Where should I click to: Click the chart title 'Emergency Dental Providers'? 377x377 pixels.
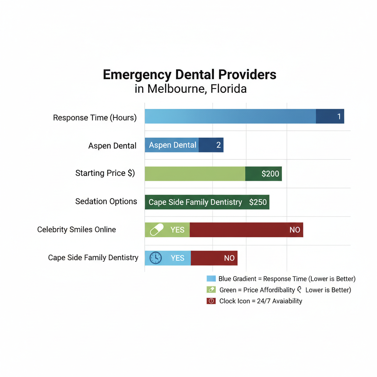click(x=190, y=75)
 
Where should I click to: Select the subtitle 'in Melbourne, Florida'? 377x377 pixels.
click(x=190, y=89)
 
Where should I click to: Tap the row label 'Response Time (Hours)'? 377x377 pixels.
click(x=95, y=118)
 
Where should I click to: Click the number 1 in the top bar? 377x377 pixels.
click(x=339, y=116)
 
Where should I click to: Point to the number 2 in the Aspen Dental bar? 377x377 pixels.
click(x=218, y=145)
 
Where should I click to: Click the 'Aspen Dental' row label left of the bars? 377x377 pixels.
click(x=112, y=146)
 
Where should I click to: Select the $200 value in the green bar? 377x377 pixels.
click(x=270, y=174)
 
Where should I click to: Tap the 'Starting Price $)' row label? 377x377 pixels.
click(x=105, y=173)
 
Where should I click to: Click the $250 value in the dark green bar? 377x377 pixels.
click(x=258, y=202)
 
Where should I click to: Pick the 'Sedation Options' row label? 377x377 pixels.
click(x=106, y=201)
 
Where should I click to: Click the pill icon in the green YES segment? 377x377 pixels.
click(x=156, y=230)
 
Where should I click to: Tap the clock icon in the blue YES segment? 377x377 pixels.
click(x=155, y=258)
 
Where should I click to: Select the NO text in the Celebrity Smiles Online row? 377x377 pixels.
click(x=295, y=230)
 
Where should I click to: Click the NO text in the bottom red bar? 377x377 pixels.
click(x=229, y=258)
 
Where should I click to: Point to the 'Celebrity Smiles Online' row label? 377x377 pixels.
click(x=77, y=229)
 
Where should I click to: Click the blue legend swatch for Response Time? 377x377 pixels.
click(x=211, y=279)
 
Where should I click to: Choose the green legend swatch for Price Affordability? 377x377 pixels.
click(x=211, y=290)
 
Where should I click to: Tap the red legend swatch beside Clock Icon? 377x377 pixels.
click(x=211, y=301)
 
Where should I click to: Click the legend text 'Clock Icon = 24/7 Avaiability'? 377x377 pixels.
click(x=260, y=301)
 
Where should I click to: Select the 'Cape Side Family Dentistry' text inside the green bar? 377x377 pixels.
click(x=195, y=202)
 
